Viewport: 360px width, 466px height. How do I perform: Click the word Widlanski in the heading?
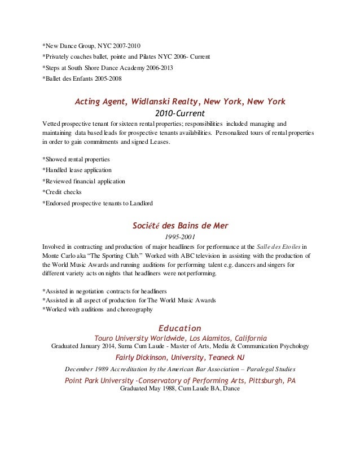tap(149, 102)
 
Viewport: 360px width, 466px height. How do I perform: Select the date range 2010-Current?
tap(180, 113)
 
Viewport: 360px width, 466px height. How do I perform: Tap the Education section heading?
tap(180, 327)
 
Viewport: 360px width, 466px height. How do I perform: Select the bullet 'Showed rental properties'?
tap(76, 160)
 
